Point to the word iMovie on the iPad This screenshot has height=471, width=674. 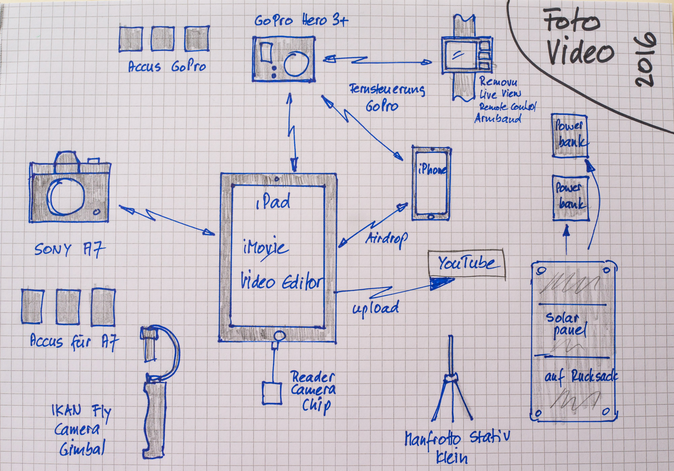point(266,248)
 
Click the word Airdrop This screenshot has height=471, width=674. point(387,238)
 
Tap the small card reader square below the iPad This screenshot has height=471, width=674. point(272,393)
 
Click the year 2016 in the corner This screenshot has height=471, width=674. point(645,60)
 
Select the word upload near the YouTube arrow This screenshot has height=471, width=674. point(375,308)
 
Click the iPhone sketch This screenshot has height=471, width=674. point(431,184)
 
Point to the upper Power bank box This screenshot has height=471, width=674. point(570,136)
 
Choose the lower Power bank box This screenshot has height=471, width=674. point(571,198)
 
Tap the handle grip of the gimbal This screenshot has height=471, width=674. point(155,415)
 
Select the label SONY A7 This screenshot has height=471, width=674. point(70,250)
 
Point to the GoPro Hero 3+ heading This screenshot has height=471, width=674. point(301,21)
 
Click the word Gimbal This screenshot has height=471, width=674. point(82,449)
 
